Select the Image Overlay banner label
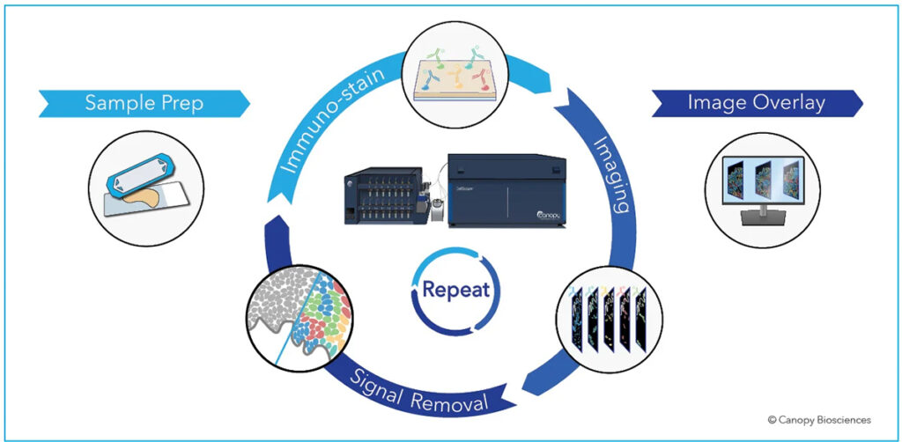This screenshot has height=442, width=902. pyautogui.click(x=757, y=104)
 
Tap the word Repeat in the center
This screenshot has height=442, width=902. pyautogui.click(x=456, y=289)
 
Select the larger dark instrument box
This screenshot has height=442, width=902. pyautogui.click(x=506, y=189)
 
